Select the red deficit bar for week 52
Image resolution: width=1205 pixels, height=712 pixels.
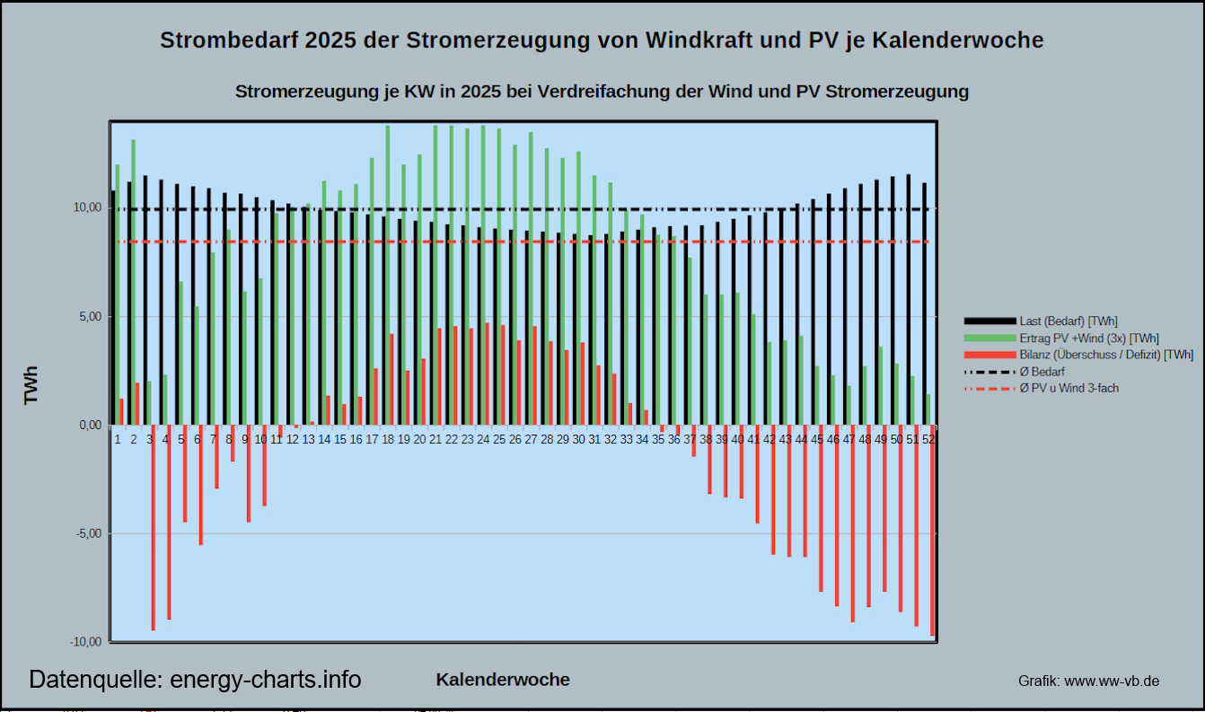click(933, 531)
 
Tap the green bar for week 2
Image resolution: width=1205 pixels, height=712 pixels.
click(134, 282)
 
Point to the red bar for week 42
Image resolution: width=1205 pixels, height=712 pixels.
click(773, 489)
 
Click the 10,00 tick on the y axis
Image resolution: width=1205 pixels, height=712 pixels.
click(88, 208)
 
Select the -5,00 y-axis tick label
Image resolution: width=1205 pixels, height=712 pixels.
click(87, 534)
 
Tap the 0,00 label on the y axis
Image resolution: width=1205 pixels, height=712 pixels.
click(88, 426)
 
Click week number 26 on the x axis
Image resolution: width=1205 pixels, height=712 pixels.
click(515, 440)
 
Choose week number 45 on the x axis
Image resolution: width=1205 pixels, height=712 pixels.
click(817, 440)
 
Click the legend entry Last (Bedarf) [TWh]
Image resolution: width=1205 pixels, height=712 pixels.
click(1069, 321)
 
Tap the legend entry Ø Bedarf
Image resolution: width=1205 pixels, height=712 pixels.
click(1042, 372)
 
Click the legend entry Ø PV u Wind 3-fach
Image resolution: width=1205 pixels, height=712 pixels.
click(1069, 389)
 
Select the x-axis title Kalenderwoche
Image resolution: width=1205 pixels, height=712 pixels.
click(503, 680)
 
